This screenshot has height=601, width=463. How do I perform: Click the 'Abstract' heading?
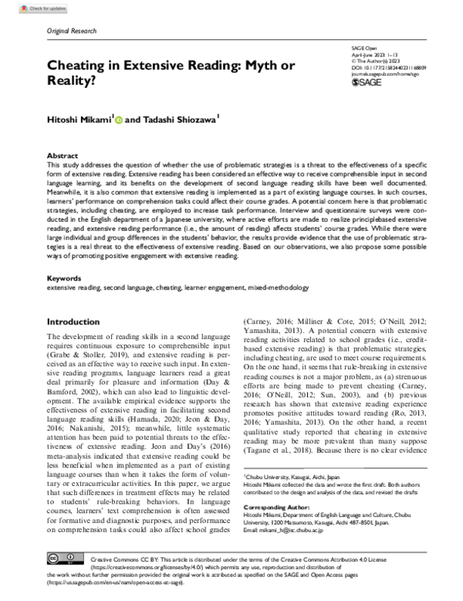point(63,155)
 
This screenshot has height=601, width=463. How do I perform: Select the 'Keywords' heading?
point(65,277)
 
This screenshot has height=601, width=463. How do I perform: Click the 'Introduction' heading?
point(79,321)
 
